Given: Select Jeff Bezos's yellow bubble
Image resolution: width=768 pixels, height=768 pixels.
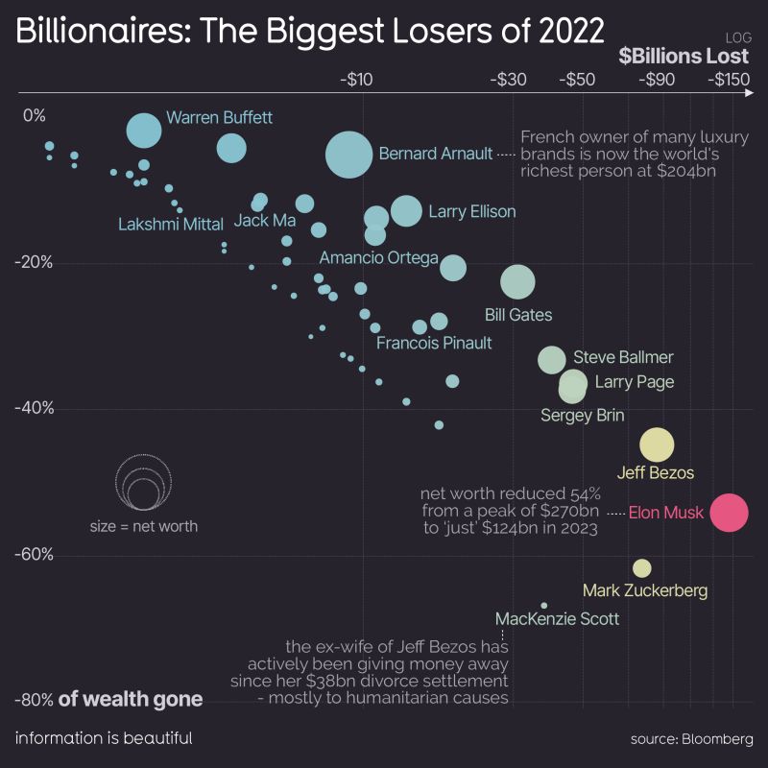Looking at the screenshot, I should point(658,445).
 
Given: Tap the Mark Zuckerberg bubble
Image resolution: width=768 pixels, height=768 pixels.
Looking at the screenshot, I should point(642,567).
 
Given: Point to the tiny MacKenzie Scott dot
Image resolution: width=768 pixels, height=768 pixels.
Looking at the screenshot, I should point(543,606).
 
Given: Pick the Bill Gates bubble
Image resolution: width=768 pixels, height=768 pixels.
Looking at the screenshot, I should point(517,282).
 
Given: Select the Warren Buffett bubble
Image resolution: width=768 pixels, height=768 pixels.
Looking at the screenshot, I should point(144,130).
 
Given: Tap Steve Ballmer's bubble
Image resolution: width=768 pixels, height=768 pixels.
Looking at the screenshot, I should point(551,360).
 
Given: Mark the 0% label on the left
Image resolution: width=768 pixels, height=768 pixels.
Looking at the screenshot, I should point(35,116).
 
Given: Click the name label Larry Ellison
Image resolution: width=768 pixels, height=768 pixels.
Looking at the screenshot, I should point(471,211).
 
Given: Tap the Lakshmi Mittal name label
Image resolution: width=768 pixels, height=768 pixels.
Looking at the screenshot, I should point(171,224).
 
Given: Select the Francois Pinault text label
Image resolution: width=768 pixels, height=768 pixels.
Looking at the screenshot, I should point(434,343).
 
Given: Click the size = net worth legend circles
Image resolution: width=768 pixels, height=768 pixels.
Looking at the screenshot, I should point(143,483).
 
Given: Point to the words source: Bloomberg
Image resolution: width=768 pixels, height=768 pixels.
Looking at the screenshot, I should point(691,738).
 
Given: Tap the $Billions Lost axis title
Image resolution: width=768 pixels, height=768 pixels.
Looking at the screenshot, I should point(684,56).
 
